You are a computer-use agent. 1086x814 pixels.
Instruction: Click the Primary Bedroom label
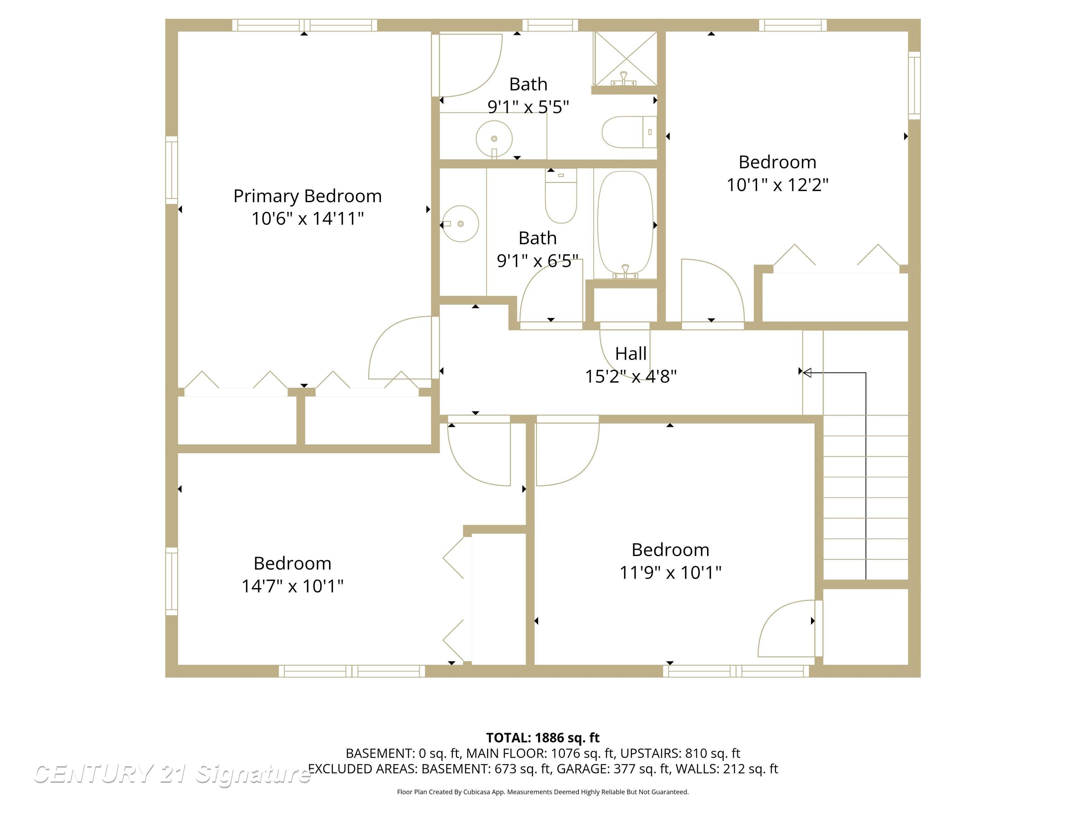[x=307, y=196]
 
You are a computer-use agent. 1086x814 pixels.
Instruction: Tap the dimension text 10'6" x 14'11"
[x=307, y=219]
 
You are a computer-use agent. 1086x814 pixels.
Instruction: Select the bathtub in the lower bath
[x=625, y=223]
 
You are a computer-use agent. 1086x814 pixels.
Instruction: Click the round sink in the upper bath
[x=494, y=139]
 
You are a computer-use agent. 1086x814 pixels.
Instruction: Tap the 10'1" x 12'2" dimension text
[x=777, y=185]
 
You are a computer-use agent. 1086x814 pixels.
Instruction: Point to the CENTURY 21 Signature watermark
[x=172, y=774]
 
